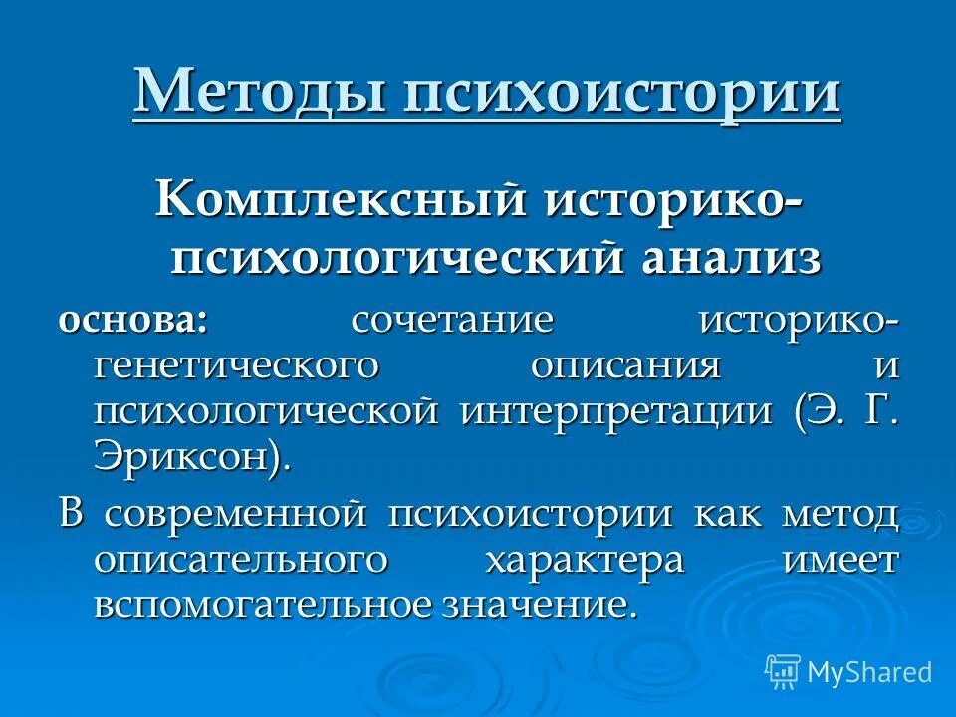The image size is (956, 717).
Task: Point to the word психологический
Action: tap(397, 257)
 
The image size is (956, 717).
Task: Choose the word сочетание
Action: tap(452, 321)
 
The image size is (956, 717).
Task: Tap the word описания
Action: tap(625, 365)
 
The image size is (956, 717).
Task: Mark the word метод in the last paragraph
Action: tap(841, 514)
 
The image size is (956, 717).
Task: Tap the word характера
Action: tap(597, 559)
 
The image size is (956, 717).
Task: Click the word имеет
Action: tap(841, 559)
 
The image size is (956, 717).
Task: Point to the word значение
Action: tap(534, 604)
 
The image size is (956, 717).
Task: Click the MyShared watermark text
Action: tap(869, 672)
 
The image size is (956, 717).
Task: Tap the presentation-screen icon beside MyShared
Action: tap(783, 672)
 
